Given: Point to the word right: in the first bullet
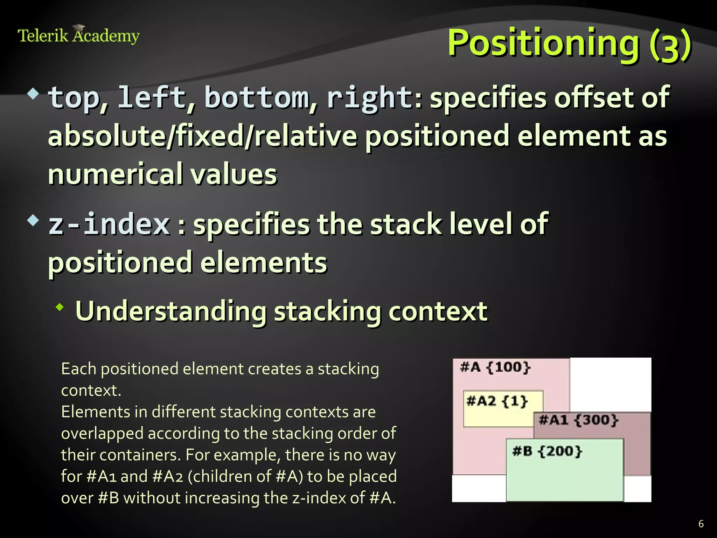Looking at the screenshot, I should pos(374,98).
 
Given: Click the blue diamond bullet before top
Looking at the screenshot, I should pos(33,94).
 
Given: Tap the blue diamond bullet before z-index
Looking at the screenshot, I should pos(33,221).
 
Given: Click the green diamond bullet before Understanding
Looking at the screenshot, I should pos(60,308).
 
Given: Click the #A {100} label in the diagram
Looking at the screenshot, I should pos(495,367).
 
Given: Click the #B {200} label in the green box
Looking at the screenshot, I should pos(547,451).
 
